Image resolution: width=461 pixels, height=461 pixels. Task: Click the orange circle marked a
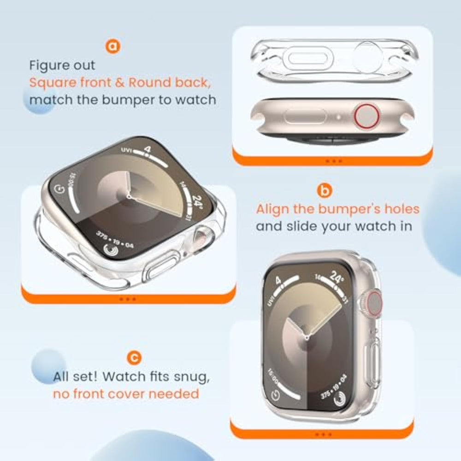[x=113, y=46]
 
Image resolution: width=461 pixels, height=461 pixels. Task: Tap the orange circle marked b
[x=325, y=191]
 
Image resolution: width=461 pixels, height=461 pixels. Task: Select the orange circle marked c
[x=134, y=358]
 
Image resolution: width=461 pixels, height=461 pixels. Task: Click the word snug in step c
[x=191, y=377]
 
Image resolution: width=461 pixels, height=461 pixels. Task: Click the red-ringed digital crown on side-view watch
[x=366, y=117]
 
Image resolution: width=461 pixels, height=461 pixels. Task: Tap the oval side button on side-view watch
[x=305, y=117]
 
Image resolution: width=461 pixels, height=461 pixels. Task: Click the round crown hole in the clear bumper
[x=367, y=57]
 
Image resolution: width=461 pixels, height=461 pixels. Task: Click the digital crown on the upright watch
[x=372, y=304]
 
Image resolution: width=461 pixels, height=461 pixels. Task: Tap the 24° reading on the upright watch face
[x=335, y=277]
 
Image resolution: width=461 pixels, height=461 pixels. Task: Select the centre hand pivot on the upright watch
[x=307, y=338]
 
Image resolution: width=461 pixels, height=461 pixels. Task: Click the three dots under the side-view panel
[x=334, y=161]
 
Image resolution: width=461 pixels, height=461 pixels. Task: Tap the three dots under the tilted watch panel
[x=128, y=299]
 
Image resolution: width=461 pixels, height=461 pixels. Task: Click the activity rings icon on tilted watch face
[x=111, y=250]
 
